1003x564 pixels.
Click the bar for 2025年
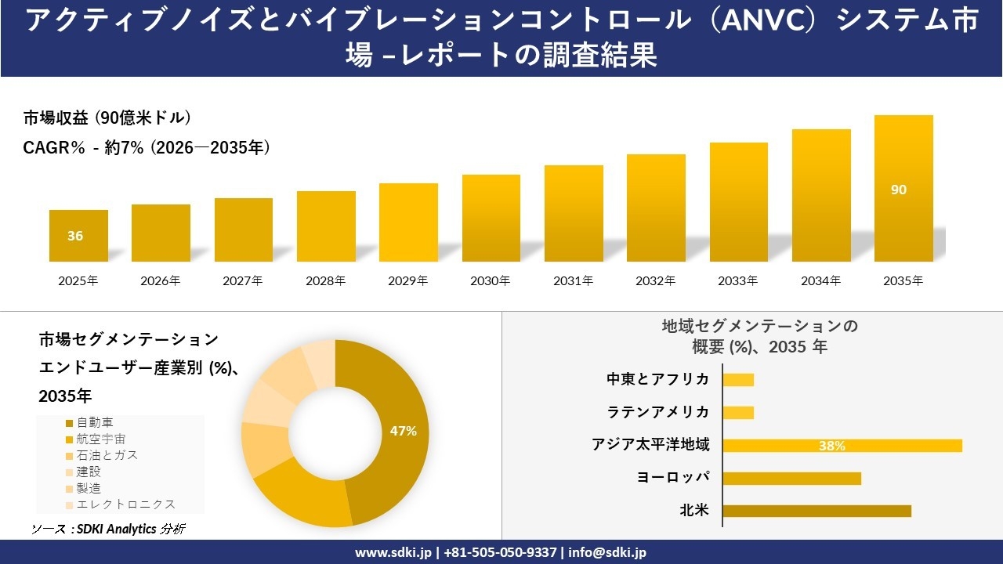[x=78, y=236]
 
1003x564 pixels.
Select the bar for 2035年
[x=903, y=189]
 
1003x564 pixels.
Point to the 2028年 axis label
[x=325, y=280]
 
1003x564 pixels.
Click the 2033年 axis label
[x=738, y=280]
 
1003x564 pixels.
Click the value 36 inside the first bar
[x=75, y=236]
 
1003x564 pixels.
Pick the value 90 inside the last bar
[x=899, y=190]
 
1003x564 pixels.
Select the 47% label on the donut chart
[x=404, y=431]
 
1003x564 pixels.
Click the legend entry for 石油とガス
[x=101, y=456]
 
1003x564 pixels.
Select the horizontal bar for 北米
[x=817, y=511]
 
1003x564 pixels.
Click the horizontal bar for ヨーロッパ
[x=791, y=478]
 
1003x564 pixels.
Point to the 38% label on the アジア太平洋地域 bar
[x=831, y=446]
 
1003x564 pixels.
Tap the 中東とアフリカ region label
[x=658, y=379]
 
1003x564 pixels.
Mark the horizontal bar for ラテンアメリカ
[x=738, y=412]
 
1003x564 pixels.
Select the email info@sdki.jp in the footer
[x=607, y=552]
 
